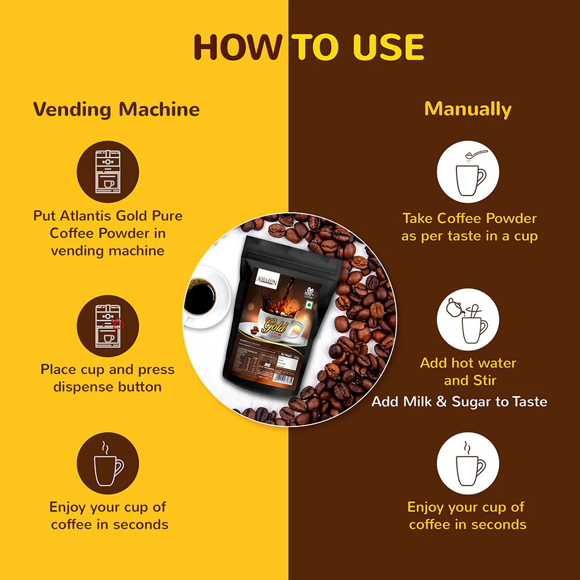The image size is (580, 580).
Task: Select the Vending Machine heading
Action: pyautogui.click(x=116, y=109)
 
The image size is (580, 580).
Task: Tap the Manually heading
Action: pyautogui.click(x=467, y=109)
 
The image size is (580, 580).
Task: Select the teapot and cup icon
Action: pyautogui.click(x=467, y=320)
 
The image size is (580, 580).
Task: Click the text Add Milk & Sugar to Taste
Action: pyautogui.click(x=459, y=401)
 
